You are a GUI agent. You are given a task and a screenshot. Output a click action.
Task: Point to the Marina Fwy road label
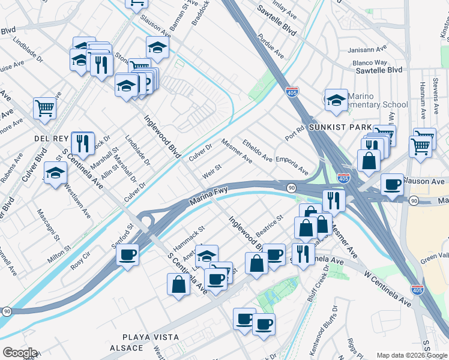209,196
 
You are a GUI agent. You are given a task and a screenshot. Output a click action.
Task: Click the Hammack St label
188,236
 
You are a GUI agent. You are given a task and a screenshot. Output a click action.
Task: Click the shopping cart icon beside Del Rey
44,108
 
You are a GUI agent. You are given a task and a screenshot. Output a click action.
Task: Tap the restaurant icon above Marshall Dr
82,142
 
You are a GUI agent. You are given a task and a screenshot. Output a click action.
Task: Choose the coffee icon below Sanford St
127,254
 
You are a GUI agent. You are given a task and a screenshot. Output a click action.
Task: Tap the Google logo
20,353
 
